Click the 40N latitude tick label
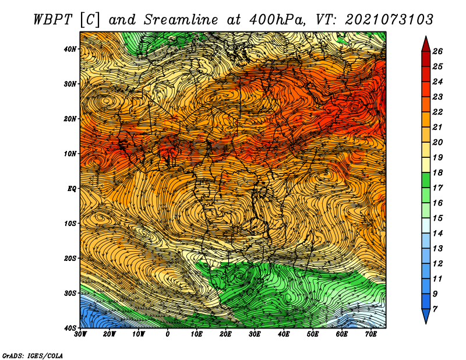click(70, 49)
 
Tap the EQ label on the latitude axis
click(72, 189)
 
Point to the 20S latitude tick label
click(70, 258)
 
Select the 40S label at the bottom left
click(70, 328)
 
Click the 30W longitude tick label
click(80, 334)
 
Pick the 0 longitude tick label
click(168, 334)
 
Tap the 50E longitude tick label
click(313, 334)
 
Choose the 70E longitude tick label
click(371, 334)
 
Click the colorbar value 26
click(437, 51)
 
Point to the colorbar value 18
click(437, 172)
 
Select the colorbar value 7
click(435, 309)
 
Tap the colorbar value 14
click(437, 234)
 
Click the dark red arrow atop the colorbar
click(426, 44)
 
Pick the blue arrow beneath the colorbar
click(426, 316)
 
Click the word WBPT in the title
click(53, 20)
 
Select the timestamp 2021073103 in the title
click(389, 20)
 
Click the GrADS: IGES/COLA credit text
click(33, 355)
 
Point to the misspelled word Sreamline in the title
click(181, 20)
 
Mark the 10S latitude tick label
click(70, 223)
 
